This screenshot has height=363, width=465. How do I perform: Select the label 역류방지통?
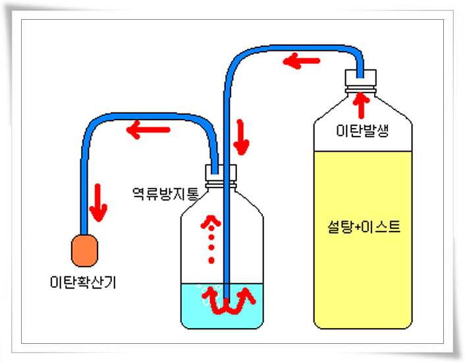coord(164,193)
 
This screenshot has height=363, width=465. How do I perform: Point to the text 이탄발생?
coord(363,131)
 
